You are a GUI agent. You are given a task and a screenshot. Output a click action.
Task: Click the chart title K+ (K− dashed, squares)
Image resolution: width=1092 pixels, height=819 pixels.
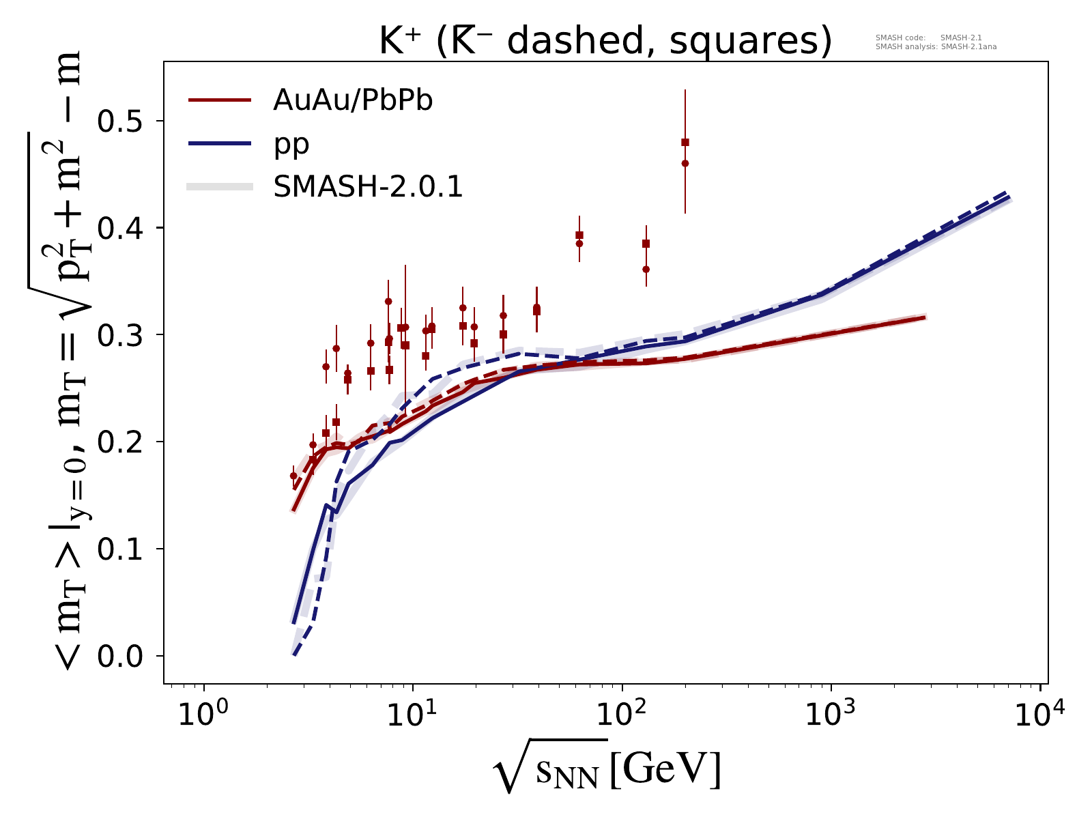[x=605, y=42]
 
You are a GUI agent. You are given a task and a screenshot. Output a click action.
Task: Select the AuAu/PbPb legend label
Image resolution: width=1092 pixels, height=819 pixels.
[x=353, y=101]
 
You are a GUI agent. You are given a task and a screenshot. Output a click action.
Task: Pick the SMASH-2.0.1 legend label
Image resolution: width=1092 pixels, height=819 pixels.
[x=368, y=187]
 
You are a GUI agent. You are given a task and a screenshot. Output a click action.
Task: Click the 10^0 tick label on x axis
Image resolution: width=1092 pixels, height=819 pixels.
[x=203, y=715]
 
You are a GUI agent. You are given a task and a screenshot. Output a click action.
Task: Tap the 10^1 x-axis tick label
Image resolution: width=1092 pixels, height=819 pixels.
[x=412, y=715]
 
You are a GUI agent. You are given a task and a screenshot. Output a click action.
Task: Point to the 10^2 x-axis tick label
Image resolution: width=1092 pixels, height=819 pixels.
[x=622, y=715]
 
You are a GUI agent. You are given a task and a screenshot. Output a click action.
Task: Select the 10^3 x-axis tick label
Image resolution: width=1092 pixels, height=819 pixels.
[x=831, y=715]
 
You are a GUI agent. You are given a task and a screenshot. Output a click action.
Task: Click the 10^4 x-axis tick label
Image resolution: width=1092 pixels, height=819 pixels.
[x=1039, y=715]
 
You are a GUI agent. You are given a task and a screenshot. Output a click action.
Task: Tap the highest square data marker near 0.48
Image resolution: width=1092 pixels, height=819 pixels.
[x=685, y=142]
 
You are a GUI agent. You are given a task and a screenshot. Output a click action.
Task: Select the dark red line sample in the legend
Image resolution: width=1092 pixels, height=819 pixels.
[x=221, y=101]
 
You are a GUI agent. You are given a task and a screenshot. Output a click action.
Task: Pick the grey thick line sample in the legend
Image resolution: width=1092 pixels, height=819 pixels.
[x=221, y=187]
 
